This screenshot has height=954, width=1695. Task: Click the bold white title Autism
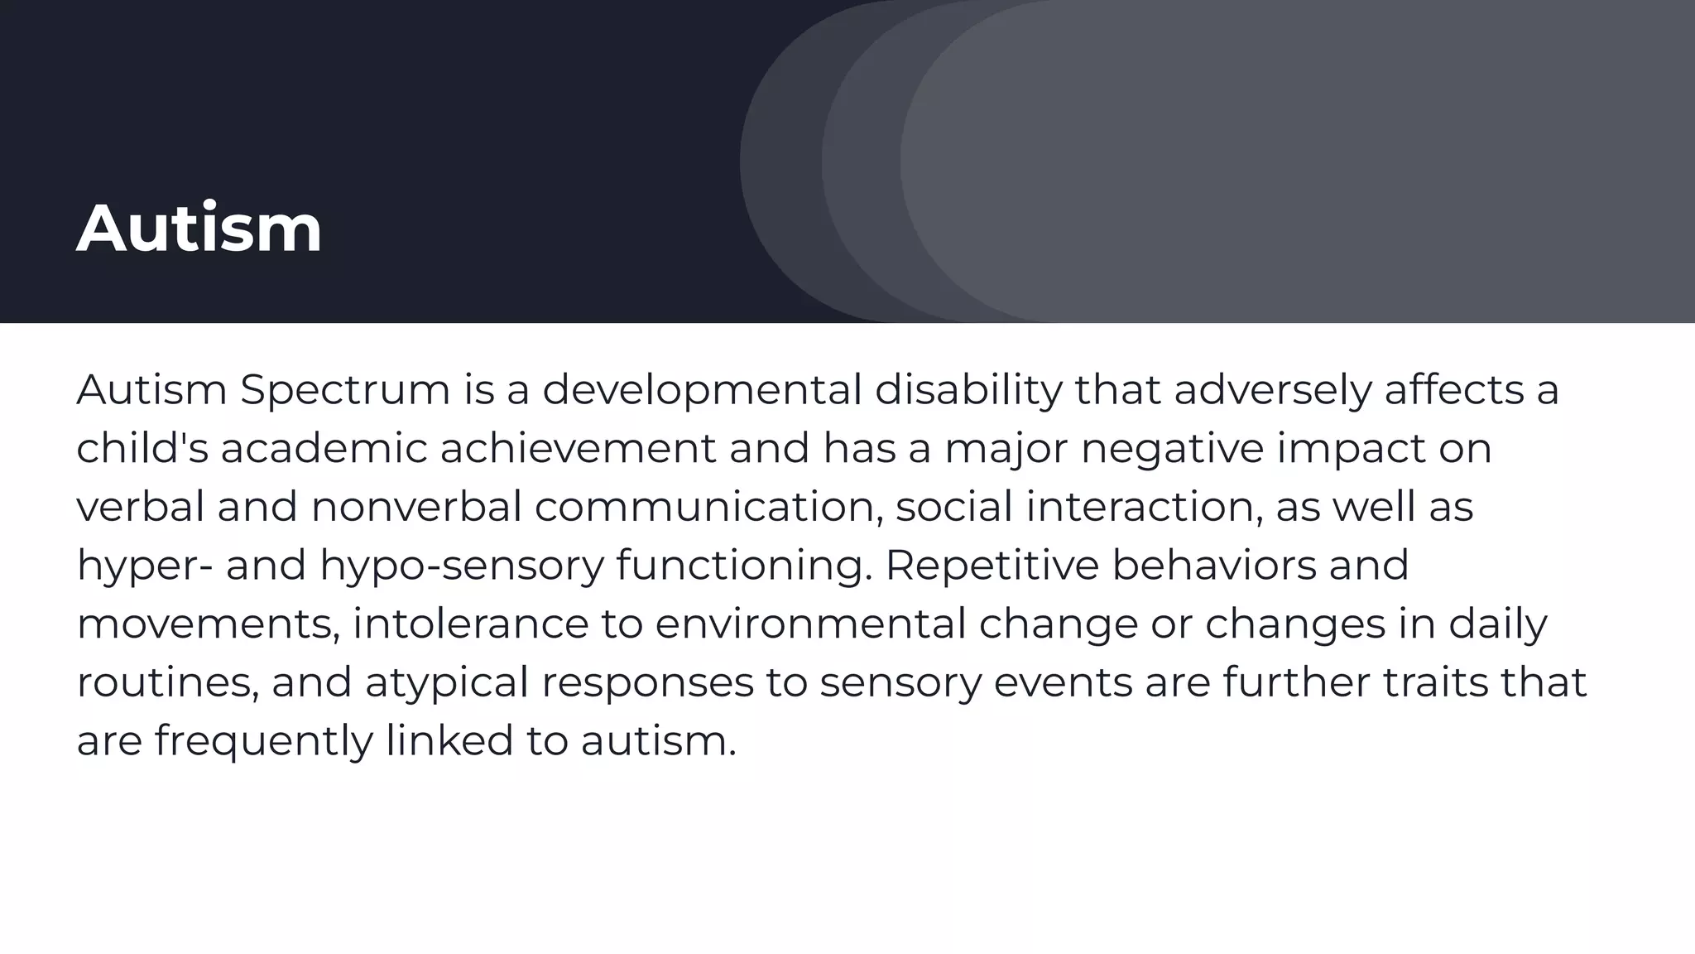(199, 229)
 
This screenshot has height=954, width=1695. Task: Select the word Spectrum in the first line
(345, 390)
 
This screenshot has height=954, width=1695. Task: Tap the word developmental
(702, 390)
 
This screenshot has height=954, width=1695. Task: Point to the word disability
(968, 390)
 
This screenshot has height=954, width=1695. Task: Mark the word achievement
(577, 448)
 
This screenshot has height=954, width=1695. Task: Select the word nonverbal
(416, 507)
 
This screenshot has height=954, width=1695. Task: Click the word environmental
(810, 624)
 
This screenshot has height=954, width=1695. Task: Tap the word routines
(166, 683)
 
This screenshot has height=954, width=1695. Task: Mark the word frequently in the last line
(263, 741)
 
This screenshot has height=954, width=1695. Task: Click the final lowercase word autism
(657, 740)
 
